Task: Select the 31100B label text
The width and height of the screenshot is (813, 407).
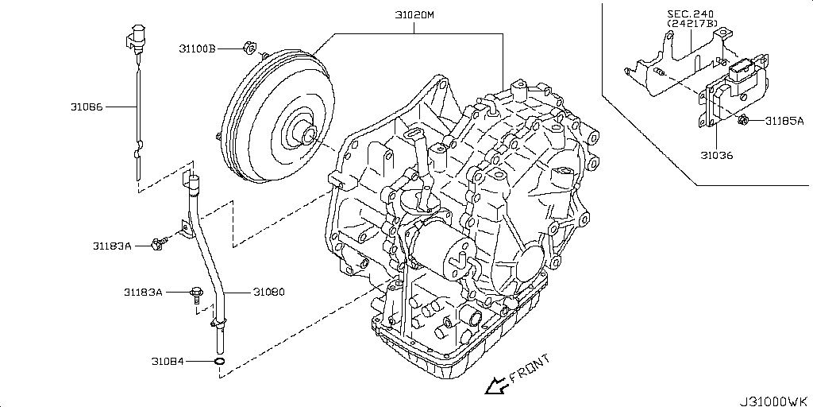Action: (x=197, y=48)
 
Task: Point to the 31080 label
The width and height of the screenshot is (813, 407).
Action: (x=268, y=292)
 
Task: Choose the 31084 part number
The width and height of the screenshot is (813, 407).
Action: (x=168, y=362)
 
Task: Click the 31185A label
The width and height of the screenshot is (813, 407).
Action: (x=784, y=122)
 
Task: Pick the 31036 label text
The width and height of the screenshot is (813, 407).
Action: (x=716, y=156)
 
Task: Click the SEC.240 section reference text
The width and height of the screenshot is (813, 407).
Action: (x=691, y=14)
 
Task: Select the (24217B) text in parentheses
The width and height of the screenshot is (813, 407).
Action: (x=692, y=25)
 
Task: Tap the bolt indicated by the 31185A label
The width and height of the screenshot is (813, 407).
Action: (x=745, y=121)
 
